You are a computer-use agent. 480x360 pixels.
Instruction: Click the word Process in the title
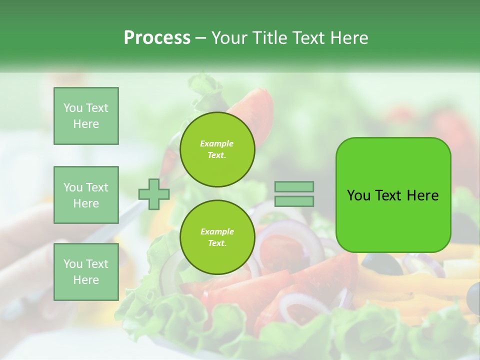coord(157,38)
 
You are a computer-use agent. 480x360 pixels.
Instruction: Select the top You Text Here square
coord(86,116)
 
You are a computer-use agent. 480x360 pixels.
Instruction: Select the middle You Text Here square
coord(86,195)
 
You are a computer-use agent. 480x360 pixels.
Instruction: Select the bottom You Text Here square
coord(86,271)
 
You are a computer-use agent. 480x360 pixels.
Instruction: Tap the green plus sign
coord(153,194)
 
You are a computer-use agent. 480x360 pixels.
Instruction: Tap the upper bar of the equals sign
coord(294,186)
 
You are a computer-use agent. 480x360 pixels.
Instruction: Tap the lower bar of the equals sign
coord(294,201)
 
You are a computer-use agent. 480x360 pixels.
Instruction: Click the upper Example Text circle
coord(217,149)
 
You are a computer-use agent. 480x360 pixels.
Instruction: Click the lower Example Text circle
coord(217,237)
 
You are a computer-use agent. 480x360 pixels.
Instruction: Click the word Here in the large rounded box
coord(422,195)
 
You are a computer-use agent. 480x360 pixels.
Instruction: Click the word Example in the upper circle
coord(216,143)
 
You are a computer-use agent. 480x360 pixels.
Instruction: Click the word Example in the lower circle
coord(217,231)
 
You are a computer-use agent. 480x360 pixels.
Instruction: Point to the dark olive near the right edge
coord(472,296)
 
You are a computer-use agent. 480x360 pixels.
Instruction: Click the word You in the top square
coord(73,108)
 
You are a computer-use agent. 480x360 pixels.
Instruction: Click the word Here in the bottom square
coord(86,280)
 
